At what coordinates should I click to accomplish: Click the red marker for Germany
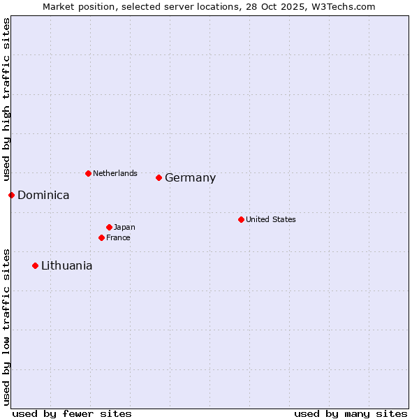click(159, 178)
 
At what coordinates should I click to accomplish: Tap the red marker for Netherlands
click(88, 173)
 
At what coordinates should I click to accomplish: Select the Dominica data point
click(12, 195)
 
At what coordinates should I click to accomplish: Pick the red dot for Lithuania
click(36, 265)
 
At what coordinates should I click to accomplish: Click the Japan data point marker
click(110, 227)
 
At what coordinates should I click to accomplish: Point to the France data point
click(102, 237)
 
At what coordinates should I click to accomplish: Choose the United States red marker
click(242, 219)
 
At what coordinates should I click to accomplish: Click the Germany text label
click(190, 178)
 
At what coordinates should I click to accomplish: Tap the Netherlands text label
click(115, 173)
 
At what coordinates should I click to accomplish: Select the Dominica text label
click(43, 196)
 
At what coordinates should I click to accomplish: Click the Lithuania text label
click(66, 266)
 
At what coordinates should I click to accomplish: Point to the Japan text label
click(124, 227)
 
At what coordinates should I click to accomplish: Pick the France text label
click(118, 237)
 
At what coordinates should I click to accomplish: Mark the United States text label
click(271, 219)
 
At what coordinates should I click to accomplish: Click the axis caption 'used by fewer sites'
click(72, 413)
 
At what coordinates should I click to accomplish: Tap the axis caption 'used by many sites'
click(351, 413)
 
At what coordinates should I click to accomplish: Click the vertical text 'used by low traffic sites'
click(6, 326)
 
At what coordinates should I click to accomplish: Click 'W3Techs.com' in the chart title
click(344, 6)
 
